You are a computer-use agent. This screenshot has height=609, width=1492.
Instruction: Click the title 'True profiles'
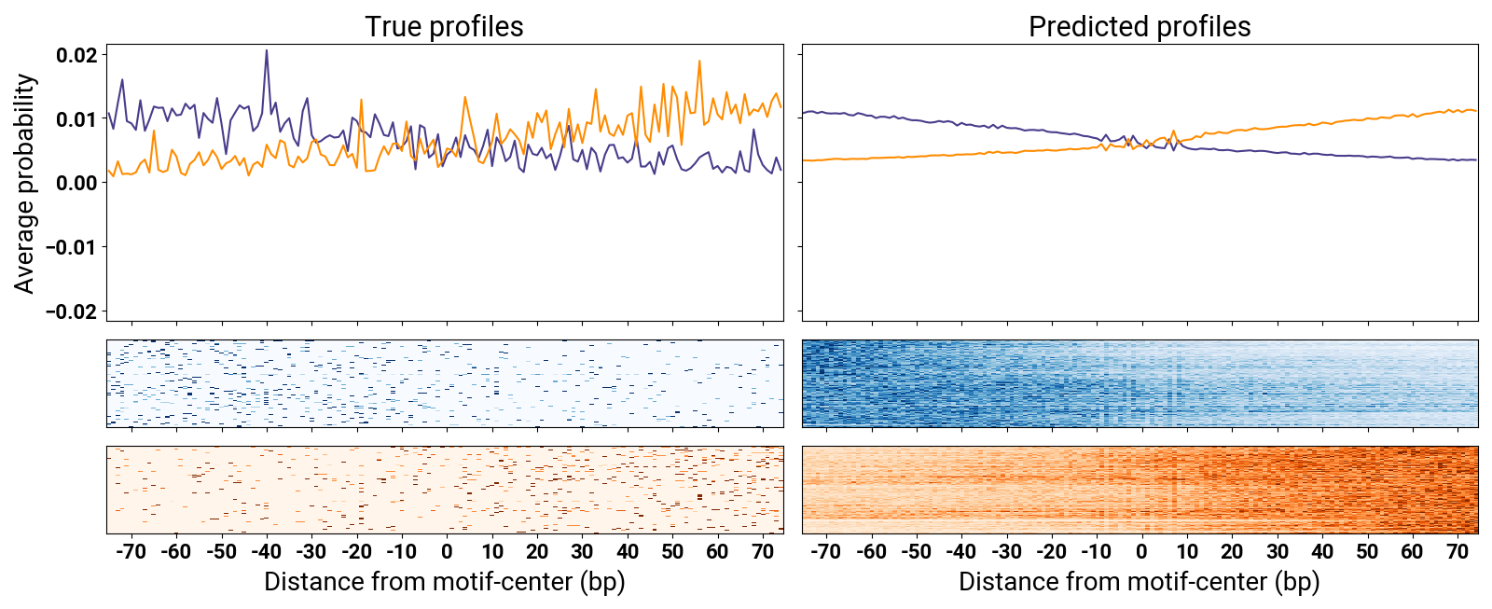[x=444, y=27]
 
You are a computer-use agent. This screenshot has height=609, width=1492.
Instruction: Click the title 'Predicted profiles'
[x=1140, y=27]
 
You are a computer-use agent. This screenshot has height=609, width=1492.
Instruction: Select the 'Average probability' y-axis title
[x=24, y=183]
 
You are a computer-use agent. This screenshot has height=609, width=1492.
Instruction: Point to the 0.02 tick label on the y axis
[x=77, y=55]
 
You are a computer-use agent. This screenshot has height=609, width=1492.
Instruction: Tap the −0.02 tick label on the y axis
[x=71, y=311]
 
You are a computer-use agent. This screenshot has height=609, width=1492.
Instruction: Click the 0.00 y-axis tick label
[x=77, y=183]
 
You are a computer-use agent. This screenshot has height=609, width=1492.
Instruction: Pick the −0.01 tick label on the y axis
[x=71, y=247]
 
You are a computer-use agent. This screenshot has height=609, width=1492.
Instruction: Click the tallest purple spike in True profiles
[x=267, y=50]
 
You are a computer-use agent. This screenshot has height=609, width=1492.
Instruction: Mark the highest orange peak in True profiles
[x=699, y=62]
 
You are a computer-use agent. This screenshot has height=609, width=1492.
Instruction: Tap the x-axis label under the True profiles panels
[x=444, y=582]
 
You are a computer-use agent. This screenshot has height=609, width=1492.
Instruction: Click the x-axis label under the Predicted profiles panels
[x=1140, y=582]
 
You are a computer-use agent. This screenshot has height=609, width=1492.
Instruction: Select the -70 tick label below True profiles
[x=131, y=552]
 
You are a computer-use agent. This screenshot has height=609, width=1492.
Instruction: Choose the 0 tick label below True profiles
[x=447, y=552]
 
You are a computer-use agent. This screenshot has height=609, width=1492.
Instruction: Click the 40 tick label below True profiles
[x=628, y=552]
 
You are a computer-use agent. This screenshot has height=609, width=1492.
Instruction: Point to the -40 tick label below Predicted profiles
[x=961, y=552]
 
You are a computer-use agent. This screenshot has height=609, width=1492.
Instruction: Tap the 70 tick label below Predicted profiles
[x=1457, y=552]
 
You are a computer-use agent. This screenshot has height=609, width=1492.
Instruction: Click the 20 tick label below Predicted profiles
[x=1232, y=552]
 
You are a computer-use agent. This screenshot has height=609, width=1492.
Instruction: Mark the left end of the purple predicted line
[x=803, y=113]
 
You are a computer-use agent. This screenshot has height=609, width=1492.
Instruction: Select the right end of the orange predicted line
[x=1477, y=111]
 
